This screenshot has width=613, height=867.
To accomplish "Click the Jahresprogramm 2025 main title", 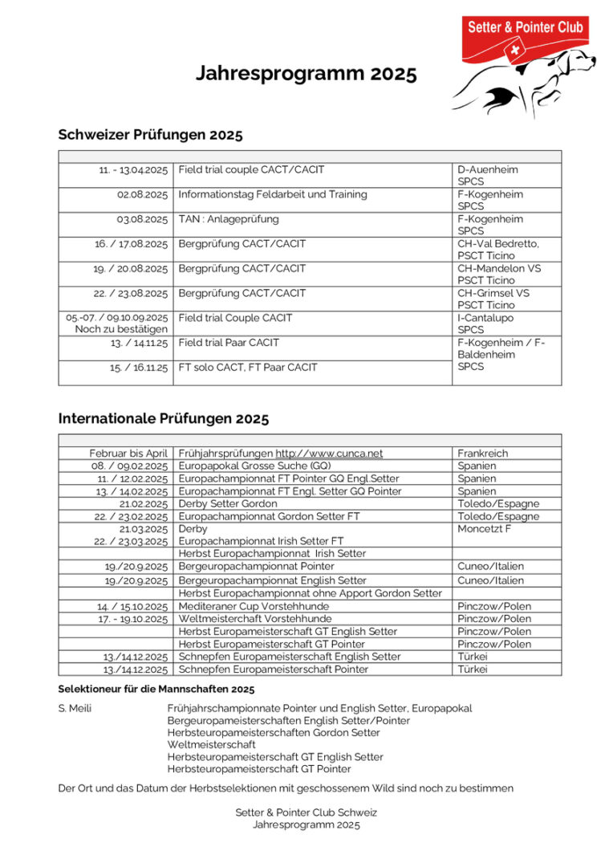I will tap(306, 75).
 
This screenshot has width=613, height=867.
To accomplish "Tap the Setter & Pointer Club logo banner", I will tap(526, 28).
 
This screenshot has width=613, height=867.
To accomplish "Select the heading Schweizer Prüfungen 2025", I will tap(150, 134).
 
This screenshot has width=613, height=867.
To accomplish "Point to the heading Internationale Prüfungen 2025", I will tap(164, 418).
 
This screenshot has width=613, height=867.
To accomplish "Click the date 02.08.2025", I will tap(142, 194).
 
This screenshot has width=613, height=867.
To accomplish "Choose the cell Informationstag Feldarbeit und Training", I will tap(273, 194).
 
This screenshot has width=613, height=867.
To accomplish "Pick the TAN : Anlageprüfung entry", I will tap(229, 219).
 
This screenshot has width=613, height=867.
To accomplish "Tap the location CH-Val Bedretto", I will tap(498, 243).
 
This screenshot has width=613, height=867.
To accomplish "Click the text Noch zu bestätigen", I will tap(121, 330).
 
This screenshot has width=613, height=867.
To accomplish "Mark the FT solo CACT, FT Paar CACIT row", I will tap(247, 368).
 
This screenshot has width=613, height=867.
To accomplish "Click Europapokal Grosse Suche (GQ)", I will tap(254, 466).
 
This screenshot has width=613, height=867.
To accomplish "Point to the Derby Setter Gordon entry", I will tap(228, 504).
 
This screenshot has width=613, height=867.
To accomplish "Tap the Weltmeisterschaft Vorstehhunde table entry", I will tap(254, 619).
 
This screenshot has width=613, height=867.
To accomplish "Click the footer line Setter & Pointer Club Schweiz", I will tap(306, 812).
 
